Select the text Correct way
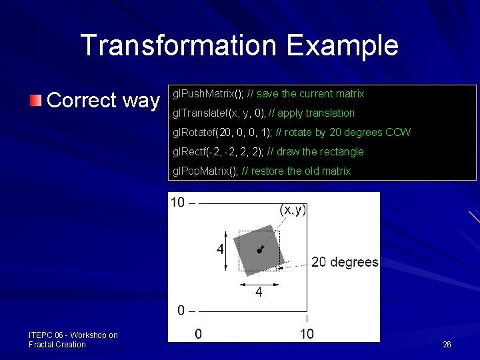[103, 101]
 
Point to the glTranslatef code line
[263, 113]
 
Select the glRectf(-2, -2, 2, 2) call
[217, 151]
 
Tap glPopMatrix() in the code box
[205, 171]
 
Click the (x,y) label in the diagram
[293, 209]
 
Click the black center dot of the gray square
[259, 251]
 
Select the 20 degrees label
[345, 262]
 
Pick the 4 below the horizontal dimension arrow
[258, 292]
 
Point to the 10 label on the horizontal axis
[306, 333]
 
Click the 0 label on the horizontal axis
[198, 333]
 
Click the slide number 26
[447, 345]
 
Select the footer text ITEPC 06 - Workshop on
[73, 335]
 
